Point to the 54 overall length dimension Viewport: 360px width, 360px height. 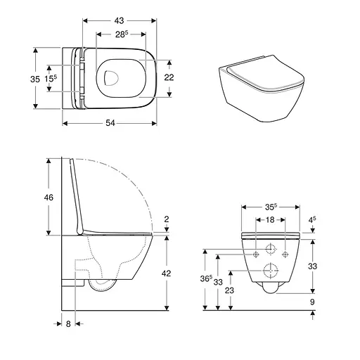[x=109, y=123]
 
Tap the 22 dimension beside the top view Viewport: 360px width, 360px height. [x=168, y=77]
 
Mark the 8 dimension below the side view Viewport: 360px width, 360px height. [x=67, y=324]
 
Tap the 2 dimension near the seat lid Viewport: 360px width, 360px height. [x=167, y=220]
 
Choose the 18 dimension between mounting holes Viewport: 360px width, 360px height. [x=270, y=220]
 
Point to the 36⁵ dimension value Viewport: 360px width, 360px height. [x=205, y=278]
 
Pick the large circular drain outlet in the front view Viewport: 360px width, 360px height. [x=270, y=271]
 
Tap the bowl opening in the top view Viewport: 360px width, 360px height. [x=113, y=77]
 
